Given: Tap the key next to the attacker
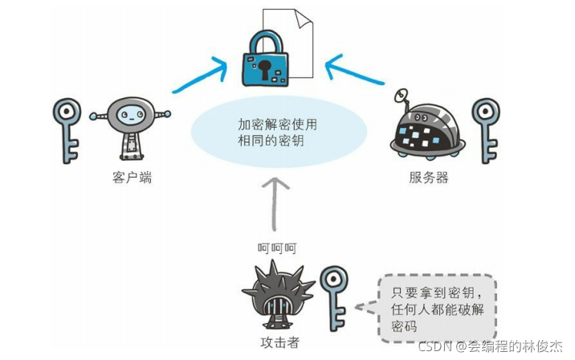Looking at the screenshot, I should pyautogui.click(x=333, y=297).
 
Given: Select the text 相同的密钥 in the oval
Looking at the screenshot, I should pyautogui.click(x=271, y=141).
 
